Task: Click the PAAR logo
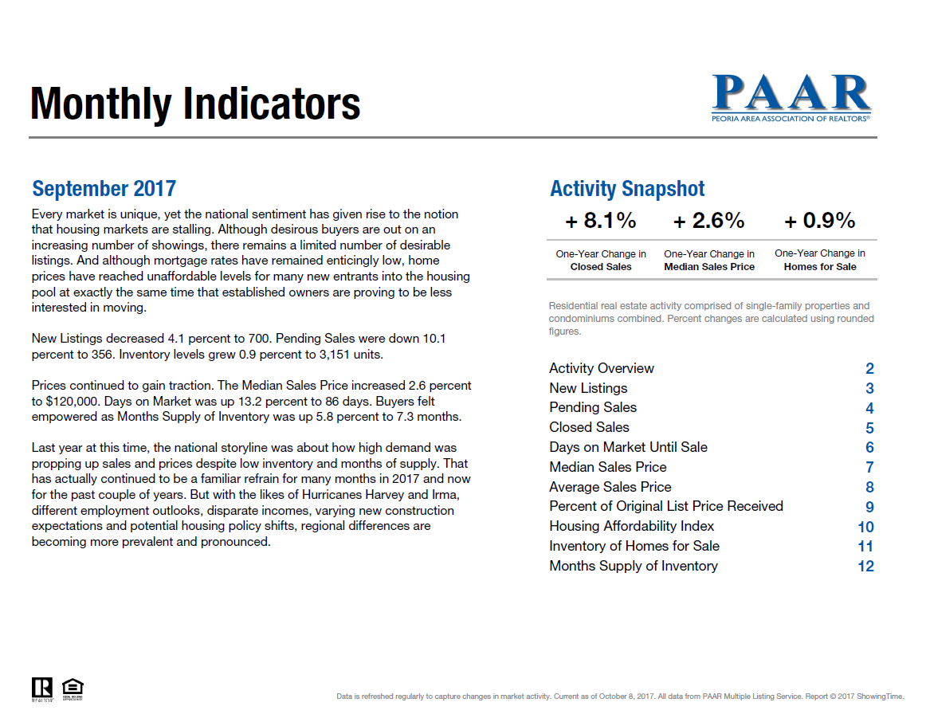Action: tap(791, 97)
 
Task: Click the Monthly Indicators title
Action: tap(195, 104)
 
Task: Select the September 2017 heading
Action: tap(104, 189)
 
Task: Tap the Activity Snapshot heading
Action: tap(627, 189)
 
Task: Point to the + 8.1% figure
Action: tap(601, 221)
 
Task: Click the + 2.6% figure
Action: tap(709, 221)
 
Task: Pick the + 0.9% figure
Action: tap(820, 221)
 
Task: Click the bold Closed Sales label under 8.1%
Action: tap(601, 267)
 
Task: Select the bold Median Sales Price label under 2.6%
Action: tap(709, 267)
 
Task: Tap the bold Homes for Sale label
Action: tap(820, 267)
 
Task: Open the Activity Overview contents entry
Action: tap(602, 368)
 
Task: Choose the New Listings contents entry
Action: tap(588, 388)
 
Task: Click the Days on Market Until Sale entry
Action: tap(628, 447)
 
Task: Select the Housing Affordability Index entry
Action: tap(631, 526)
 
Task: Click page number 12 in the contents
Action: tap(865, 567)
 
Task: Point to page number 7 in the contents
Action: tap(869, 468)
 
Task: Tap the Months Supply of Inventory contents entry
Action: tap(634, 566)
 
